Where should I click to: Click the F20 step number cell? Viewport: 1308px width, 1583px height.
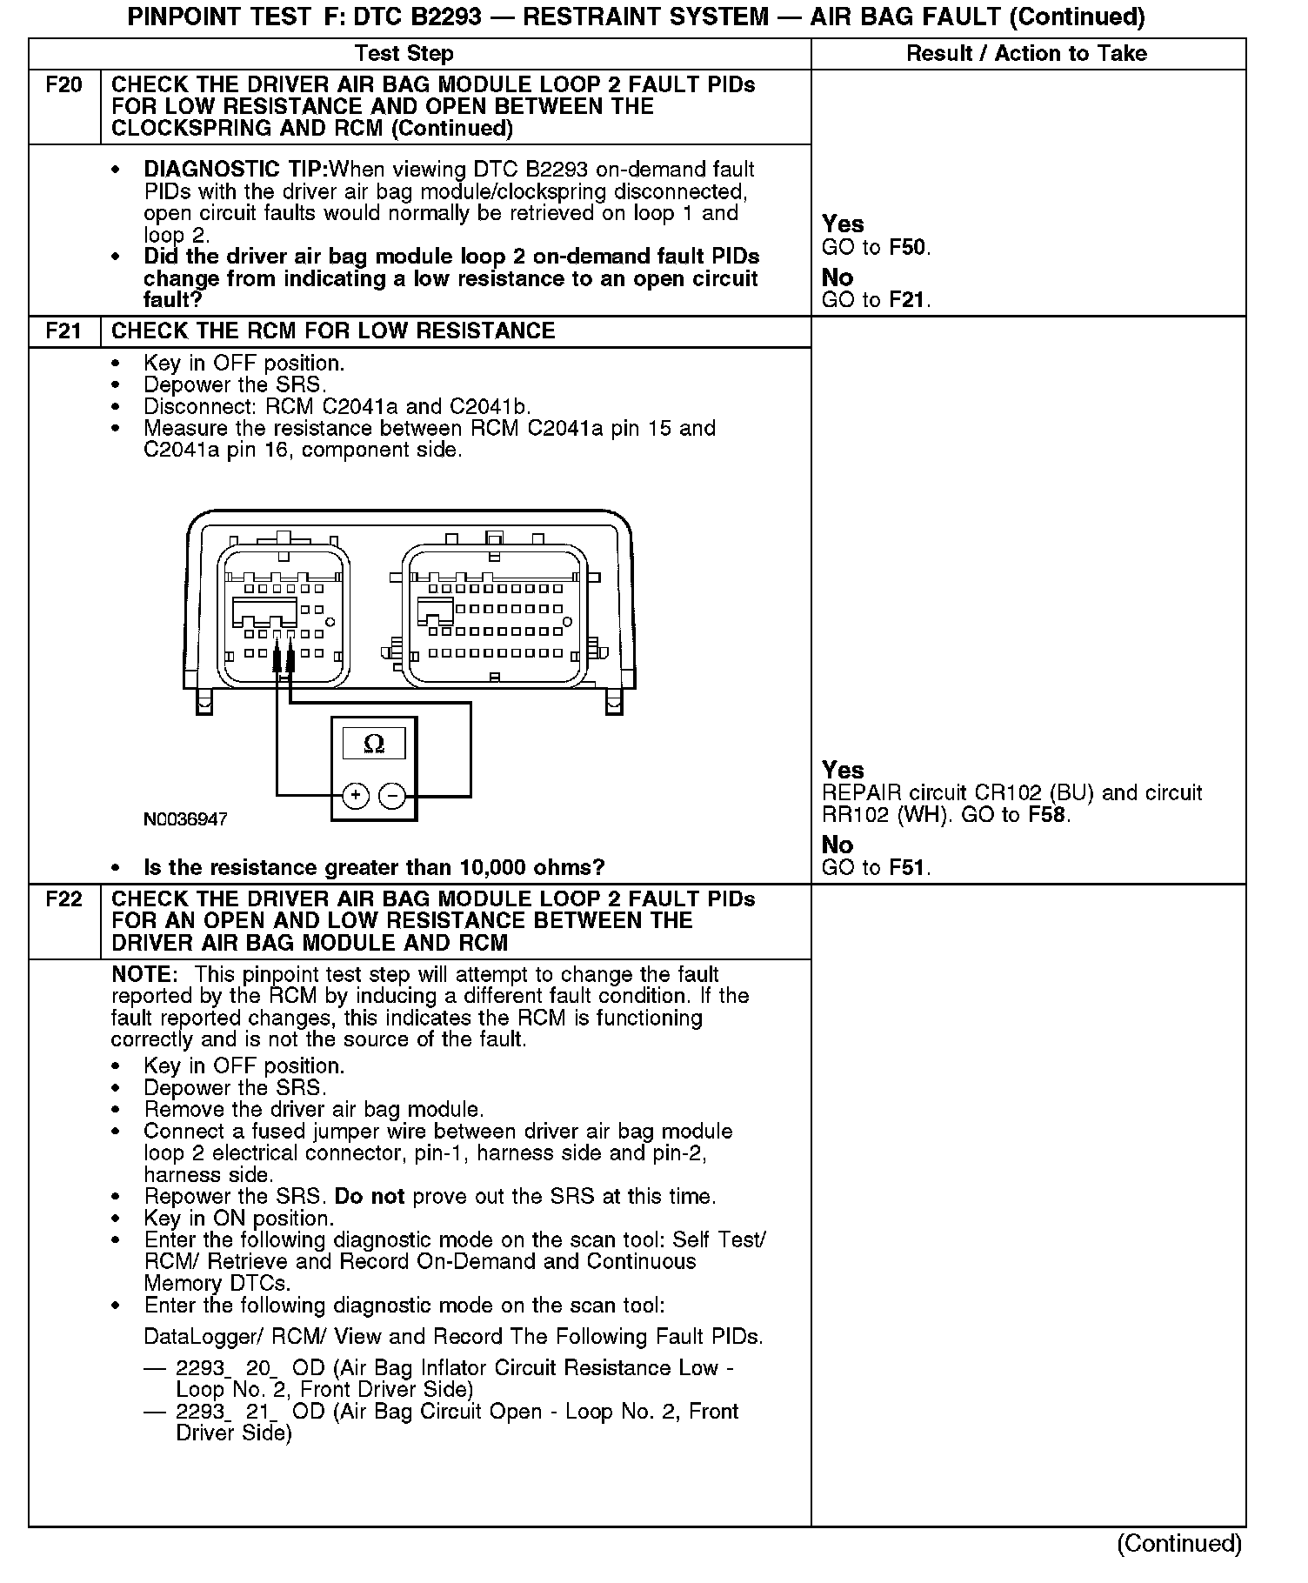pos(64,85)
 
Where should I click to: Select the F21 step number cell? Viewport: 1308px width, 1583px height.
pos(64,331)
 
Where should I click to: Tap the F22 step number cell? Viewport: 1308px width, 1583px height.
pos(64,899)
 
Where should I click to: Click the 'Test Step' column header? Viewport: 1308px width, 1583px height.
pos(404,54)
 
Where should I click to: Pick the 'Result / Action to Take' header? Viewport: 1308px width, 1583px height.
pos(1026,54)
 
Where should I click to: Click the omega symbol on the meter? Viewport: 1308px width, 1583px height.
pos(374,744)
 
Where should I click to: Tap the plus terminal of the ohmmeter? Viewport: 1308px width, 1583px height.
pos(356,796)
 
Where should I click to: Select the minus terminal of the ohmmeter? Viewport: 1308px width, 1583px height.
pos(393,796)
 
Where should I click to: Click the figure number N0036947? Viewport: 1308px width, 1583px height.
pos(186,820)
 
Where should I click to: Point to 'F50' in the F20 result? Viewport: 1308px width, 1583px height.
pos(907,248)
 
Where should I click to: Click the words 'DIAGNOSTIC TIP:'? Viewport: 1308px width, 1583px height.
pos(236,170)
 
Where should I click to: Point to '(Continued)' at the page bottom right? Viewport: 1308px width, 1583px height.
pos(1179,1544)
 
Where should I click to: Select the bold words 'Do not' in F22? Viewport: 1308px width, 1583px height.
pos(370,1197)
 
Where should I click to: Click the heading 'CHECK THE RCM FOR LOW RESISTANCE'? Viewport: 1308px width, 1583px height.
pos(333,331)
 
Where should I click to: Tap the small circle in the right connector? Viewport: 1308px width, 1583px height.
pos(567,622)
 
